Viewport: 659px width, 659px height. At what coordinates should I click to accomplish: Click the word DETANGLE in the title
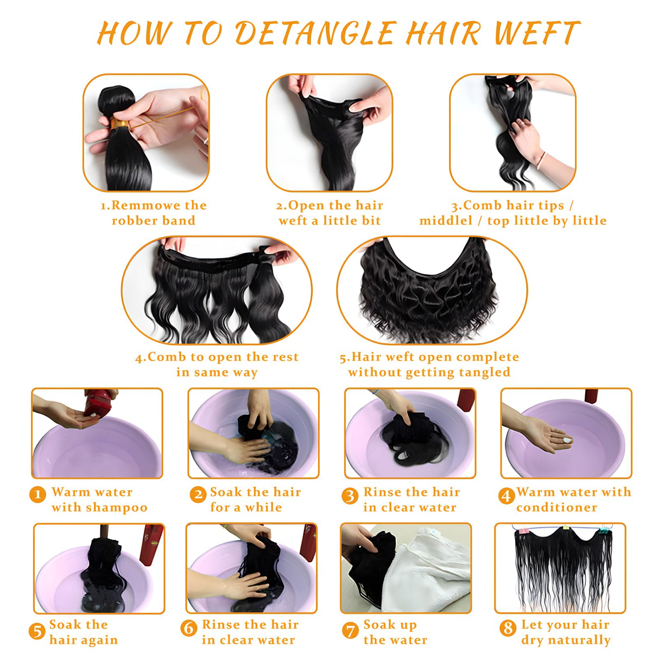[x=315, y=33]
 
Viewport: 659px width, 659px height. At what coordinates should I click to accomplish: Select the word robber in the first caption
[x=132, y=221]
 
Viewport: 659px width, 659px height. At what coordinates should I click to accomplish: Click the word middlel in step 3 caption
[x=446, y=221]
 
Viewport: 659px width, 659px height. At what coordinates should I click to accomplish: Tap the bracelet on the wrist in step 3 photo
[x=541, y=160]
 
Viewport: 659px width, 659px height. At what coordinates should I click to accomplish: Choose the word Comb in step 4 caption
[x=167, y=357]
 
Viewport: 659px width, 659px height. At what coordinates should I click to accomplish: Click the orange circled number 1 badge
[x=37, y=495]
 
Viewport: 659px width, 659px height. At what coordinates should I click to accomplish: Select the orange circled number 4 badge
[x=506, y=495]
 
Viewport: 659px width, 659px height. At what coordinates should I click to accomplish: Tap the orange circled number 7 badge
[x=350, y=630]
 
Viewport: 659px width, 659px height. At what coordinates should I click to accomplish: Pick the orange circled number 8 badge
[x=508, y=629]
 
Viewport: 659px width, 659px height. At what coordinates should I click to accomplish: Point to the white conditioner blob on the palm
[x=567, y=440]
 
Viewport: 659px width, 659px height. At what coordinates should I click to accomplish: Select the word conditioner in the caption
[x=556, y=508]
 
